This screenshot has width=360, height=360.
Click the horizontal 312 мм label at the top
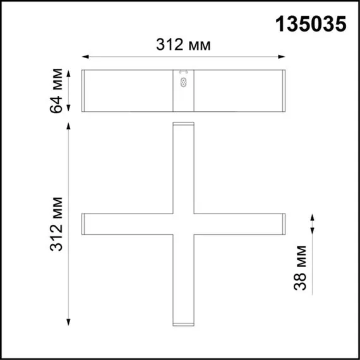tap(183, 44)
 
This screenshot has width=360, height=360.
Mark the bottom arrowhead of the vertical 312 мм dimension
tap(68, 323)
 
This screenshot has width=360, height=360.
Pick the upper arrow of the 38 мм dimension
tap(312, 217)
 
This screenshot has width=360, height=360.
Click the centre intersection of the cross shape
tap(183, 225)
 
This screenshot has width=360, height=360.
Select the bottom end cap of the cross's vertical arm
tap(183, 325)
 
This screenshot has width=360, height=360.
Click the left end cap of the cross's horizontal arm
tap(83, 225)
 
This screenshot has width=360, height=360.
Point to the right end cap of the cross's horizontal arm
tap(284, 225)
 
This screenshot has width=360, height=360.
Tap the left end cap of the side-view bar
tap(83, 90)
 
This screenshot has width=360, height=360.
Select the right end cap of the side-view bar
tap(284, 90)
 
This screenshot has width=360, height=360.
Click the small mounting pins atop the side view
tap(184, 71)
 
